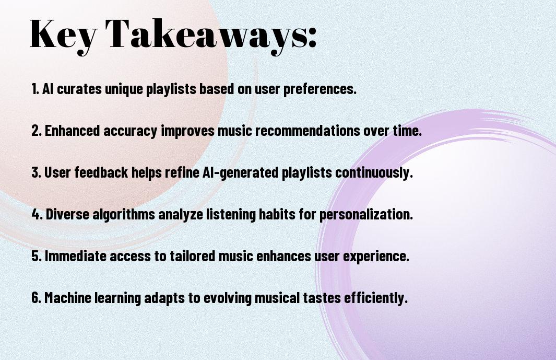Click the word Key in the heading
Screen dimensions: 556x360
click(63, 34)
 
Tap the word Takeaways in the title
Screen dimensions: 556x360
click(207, 34)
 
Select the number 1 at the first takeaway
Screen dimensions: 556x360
click(34, 89)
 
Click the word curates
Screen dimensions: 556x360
click(79, 89)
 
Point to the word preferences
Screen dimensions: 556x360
click(320, 89)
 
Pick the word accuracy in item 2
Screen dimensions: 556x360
click(130, 131)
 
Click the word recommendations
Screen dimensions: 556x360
click(308, 130)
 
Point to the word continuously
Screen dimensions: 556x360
click(374, 173)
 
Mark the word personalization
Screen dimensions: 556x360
click(366, 215)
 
